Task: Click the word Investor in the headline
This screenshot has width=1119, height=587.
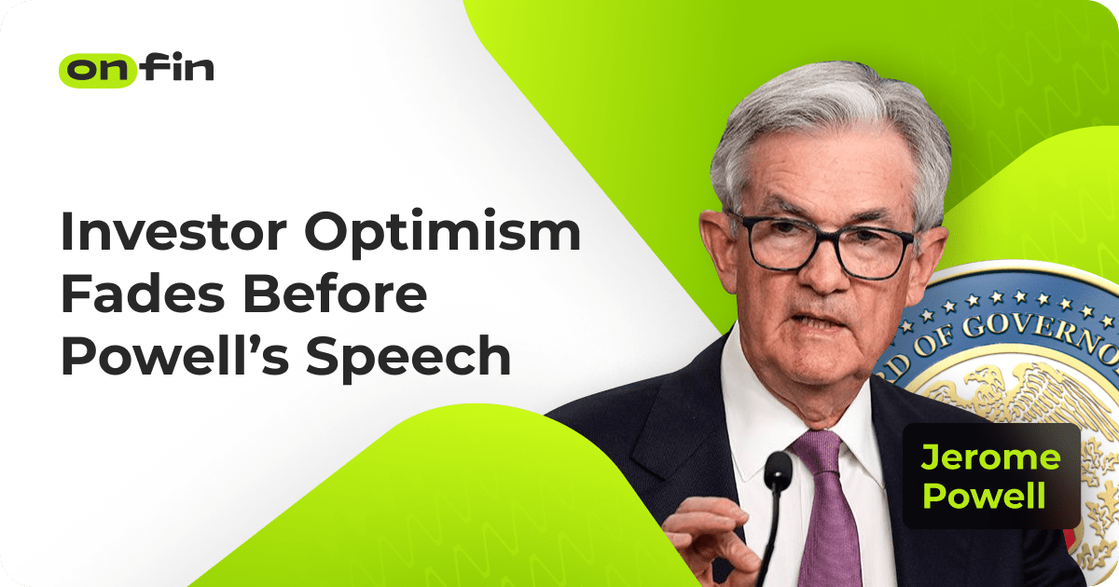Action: (173, 232)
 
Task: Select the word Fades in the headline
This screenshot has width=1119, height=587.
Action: (143, 294)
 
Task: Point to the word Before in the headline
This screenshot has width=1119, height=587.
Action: (335, 294)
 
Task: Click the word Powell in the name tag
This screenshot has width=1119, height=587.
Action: (984, 495)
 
